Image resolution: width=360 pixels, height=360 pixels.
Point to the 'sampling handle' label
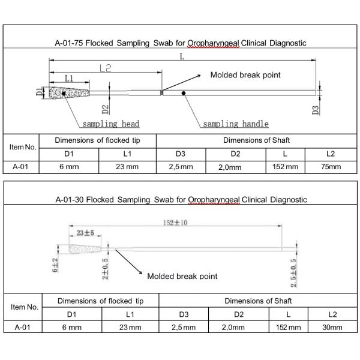click(235, 124)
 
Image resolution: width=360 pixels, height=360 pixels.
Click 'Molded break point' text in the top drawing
click(245, 76)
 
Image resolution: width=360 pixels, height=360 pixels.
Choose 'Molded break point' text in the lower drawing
click(182, 275)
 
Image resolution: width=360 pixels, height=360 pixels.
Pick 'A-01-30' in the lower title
click(68, 199)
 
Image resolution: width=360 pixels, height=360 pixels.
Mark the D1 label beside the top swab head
click(39, 92)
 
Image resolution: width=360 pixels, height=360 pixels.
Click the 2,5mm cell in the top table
click(181, 167)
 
